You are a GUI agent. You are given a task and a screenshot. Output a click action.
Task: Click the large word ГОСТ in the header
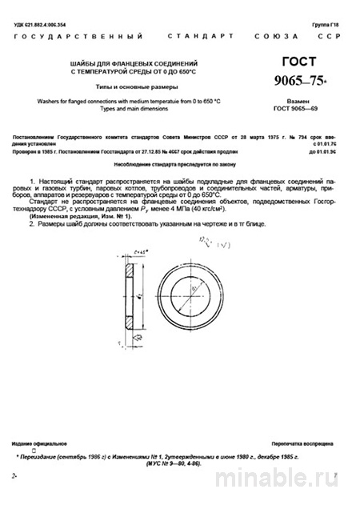click(x=298, y=62)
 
